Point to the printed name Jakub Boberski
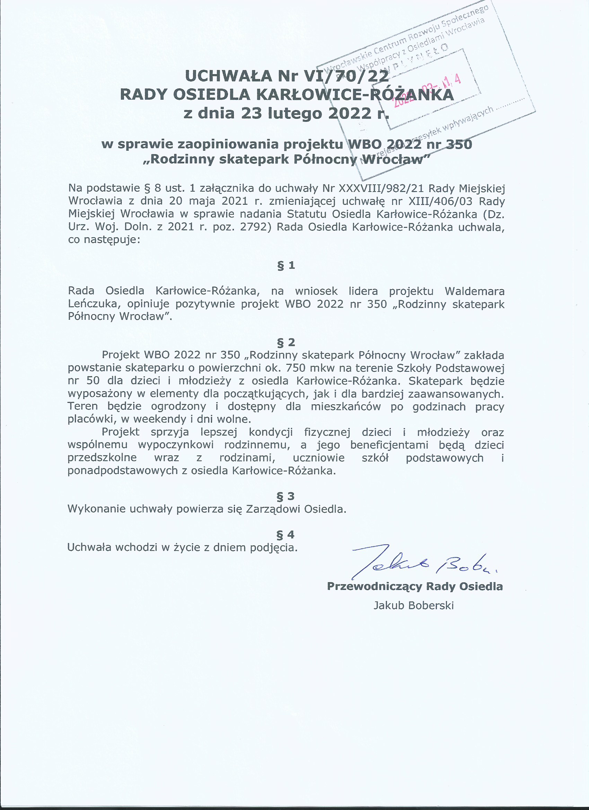click(414, 605)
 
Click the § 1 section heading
click(286, 265)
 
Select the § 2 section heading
click(286, 342)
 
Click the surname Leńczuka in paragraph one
click(92, 304)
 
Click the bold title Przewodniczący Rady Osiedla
click(415, 586)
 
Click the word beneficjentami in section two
click(389, 445)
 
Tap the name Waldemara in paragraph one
click(474, 291)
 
